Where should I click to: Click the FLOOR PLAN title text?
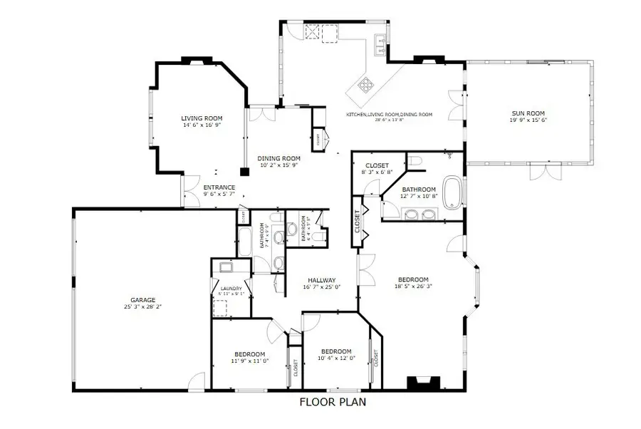click(332, 402)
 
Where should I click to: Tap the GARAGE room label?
click(142, 300)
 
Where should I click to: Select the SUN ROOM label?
click(528, 113)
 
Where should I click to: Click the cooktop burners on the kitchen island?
click(367, 87)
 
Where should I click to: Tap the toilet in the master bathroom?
click(417, 162)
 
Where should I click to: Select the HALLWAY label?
click(322, 280)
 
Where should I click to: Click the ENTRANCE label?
click(219, 188)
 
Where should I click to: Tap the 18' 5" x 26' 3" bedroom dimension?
click(413, 286)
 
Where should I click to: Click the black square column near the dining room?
click(244, 171)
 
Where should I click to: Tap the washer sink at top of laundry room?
click(227, 268)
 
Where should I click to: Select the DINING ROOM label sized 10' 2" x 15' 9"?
click(278, 158)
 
